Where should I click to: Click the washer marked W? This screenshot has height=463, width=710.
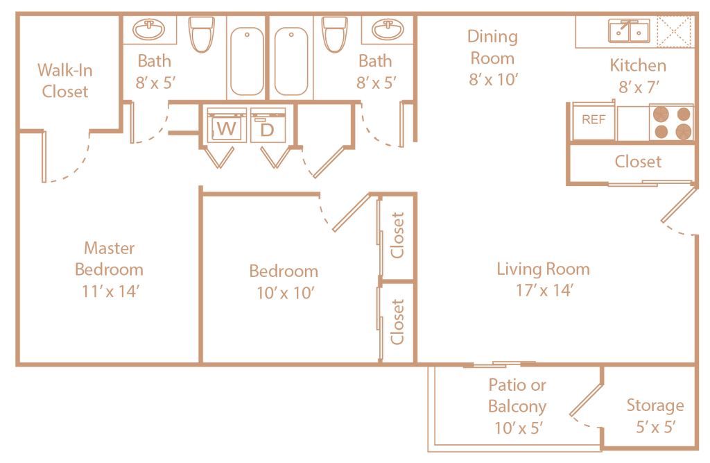[x=227, y=125]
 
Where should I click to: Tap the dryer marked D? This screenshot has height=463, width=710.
[x=268, y=125]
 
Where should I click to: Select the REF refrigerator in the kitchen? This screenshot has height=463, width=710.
[x=594, y=121]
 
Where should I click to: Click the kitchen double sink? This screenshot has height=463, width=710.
[x=629, y=31]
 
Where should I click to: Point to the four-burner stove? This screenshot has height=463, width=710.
[x=671, y=122]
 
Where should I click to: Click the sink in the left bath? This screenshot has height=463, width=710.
[x=148, y=29]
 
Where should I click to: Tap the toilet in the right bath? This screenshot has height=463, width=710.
[x=334, y=35]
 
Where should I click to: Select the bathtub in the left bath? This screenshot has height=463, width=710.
[x=247, y=61]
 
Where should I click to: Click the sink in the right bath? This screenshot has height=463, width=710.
[x=388, y=29]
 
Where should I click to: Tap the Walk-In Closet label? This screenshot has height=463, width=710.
[x=65, y=81]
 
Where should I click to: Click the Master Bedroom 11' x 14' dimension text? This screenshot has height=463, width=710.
[x=110, y=291]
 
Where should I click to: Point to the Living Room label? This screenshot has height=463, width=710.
[x=544, y=269]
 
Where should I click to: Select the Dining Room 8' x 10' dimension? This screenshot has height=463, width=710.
[x=493, y=79]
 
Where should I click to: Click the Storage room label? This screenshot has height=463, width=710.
[x=655, y=405]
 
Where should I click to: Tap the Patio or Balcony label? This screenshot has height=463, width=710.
[x=517, y=396]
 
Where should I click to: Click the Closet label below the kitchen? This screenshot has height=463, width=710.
[x=638, y=162]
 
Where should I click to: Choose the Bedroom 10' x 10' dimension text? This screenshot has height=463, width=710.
[x=285, y=293]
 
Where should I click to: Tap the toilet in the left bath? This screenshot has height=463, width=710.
[x=202, y=35]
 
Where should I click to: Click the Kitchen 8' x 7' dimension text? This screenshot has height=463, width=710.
[x=639, y=87]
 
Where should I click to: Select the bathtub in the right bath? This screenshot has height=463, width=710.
[x=291, y=61]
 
